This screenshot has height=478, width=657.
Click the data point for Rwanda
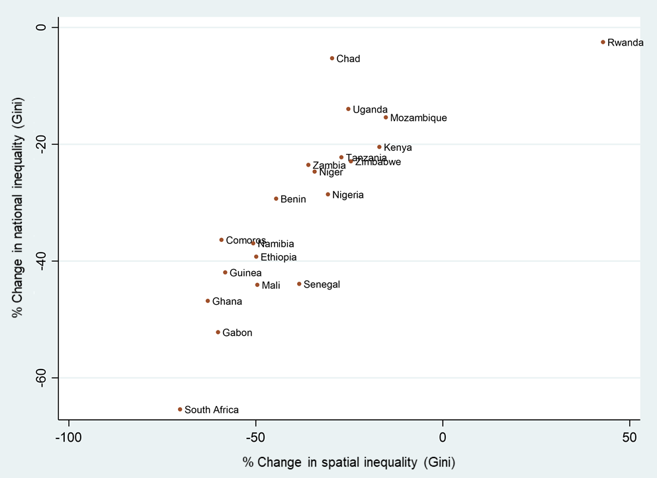point(603,42)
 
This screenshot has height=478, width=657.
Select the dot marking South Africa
point(180,409)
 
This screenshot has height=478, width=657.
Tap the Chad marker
point(332,58)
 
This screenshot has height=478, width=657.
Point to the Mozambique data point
point(386,118)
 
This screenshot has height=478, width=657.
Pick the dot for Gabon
point(218,333)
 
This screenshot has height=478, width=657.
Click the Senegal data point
point(299,284)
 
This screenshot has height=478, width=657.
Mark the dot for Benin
point(276,198)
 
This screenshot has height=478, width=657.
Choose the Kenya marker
point(379,147)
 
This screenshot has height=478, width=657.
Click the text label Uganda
point(370,110)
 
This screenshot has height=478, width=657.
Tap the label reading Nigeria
point(348,195)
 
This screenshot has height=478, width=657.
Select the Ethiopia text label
point(279,257)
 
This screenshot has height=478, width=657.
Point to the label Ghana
point(227,301)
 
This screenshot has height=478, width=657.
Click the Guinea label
point(245,273)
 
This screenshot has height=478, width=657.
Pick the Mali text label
point(271,286)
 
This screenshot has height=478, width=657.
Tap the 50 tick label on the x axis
point(630,438)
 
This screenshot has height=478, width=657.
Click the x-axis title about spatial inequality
point(349,461)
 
